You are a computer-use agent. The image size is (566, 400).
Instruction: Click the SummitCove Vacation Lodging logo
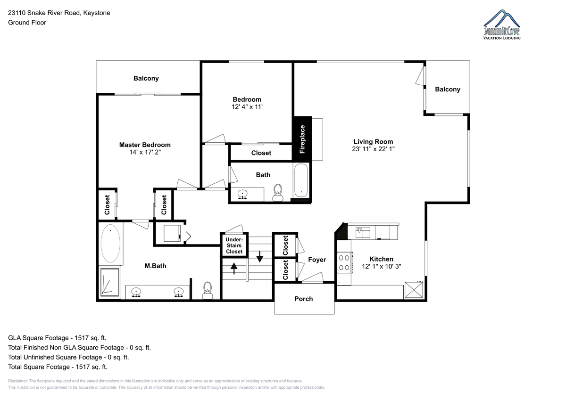coord(502,24)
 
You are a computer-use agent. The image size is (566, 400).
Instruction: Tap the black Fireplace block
coord(302,139)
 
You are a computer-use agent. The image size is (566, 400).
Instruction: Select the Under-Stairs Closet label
coord(234,245)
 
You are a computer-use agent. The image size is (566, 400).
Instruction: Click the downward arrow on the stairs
coord(260,256)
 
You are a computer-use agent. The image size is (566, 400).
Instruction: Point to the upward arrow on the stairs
coord(234,268)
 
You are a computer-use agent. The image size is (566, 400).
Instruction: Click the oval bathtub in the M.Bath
coord(110,243)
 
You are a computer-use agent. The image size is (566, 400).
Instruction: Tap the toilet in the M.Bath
coord(208,291)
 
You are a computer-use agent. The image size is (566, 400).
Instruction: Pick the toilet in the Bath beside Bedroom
coord(278,193)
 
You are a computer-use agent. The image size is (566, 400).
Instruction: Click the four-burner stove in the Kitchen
coord(344,262)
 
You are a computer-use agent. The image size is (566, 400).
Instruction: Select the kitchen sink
coord(363,232)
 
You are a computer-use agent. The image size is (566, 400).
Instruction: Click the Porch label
coord(303,299)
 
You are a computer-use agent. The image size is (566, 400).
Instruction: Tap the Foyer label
coord(317,260)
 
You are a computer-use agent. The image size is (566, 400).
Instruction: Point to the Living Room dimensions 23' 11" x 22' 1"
coord(373,149)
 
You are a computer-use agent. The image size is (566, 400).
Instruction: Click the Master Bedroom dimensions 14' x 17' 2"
coord(145,152)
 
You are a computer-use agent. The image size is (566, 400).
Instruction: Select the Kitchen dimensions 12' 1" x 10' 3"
coord(381,266)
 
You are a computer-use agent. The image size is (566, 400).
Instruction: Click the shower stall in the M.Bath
coord(110,282)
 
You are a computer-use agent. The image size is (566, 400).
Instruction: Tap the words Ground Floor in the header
coord(27,23)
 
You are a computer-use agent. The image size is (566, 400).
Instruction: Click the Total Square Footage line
coord(58,367)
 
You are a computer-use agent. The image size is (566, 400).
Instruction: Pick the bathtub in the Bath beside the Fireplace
coord(301,180)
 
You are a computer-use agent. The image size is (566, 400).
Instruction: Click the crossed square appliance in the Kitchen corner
coord(414,289)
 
